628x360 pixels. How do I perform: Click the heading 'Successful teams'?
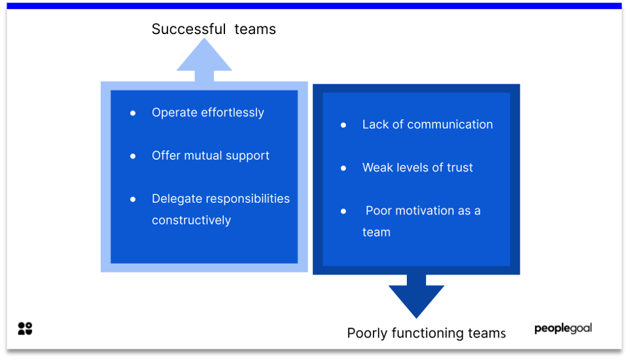pyautogui.click(x=213, y=29)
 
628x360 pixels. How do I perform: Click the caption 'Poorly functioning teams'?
pyautogui.click(x=426, y=333)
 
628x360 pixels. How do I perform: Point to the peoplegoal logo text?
pyautogui.click(x=563, y=328)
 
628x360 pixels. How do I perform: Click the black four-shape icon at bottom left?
pyautogui.click(x=25, y=329)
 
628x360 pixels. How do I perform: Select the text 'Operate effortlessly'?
pyautogui.click(x=207, y=113)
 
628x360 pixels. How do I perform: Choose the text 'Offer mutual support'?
pyautogui.click(x=210, y=156)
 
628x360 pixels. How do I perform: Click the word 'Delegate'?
pyautogui.click(x=175, y=199)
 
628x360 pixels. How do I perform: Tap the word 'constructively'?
pyautogui.click(x=191, y=221)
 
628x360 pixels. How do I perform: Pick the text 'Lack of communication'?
pyautogui.click(x=427, y=124)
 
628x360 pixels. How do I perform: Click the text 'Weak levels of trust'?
pyautogui.click(x=417, y=168)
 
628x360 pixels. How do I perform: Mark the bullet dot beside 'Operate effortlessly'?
pyautogui.click(x=133, y=113)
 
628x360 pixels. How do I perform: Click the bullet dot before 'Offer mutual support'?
pyautogui.click(x=133, y=156)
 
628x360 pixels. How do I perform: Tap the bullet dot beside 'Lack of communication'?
pyautogui.click(x=343, y=125)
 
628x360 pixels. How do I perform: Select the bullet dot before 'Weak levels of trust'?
pyautogui.click(x=343, y=168)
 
